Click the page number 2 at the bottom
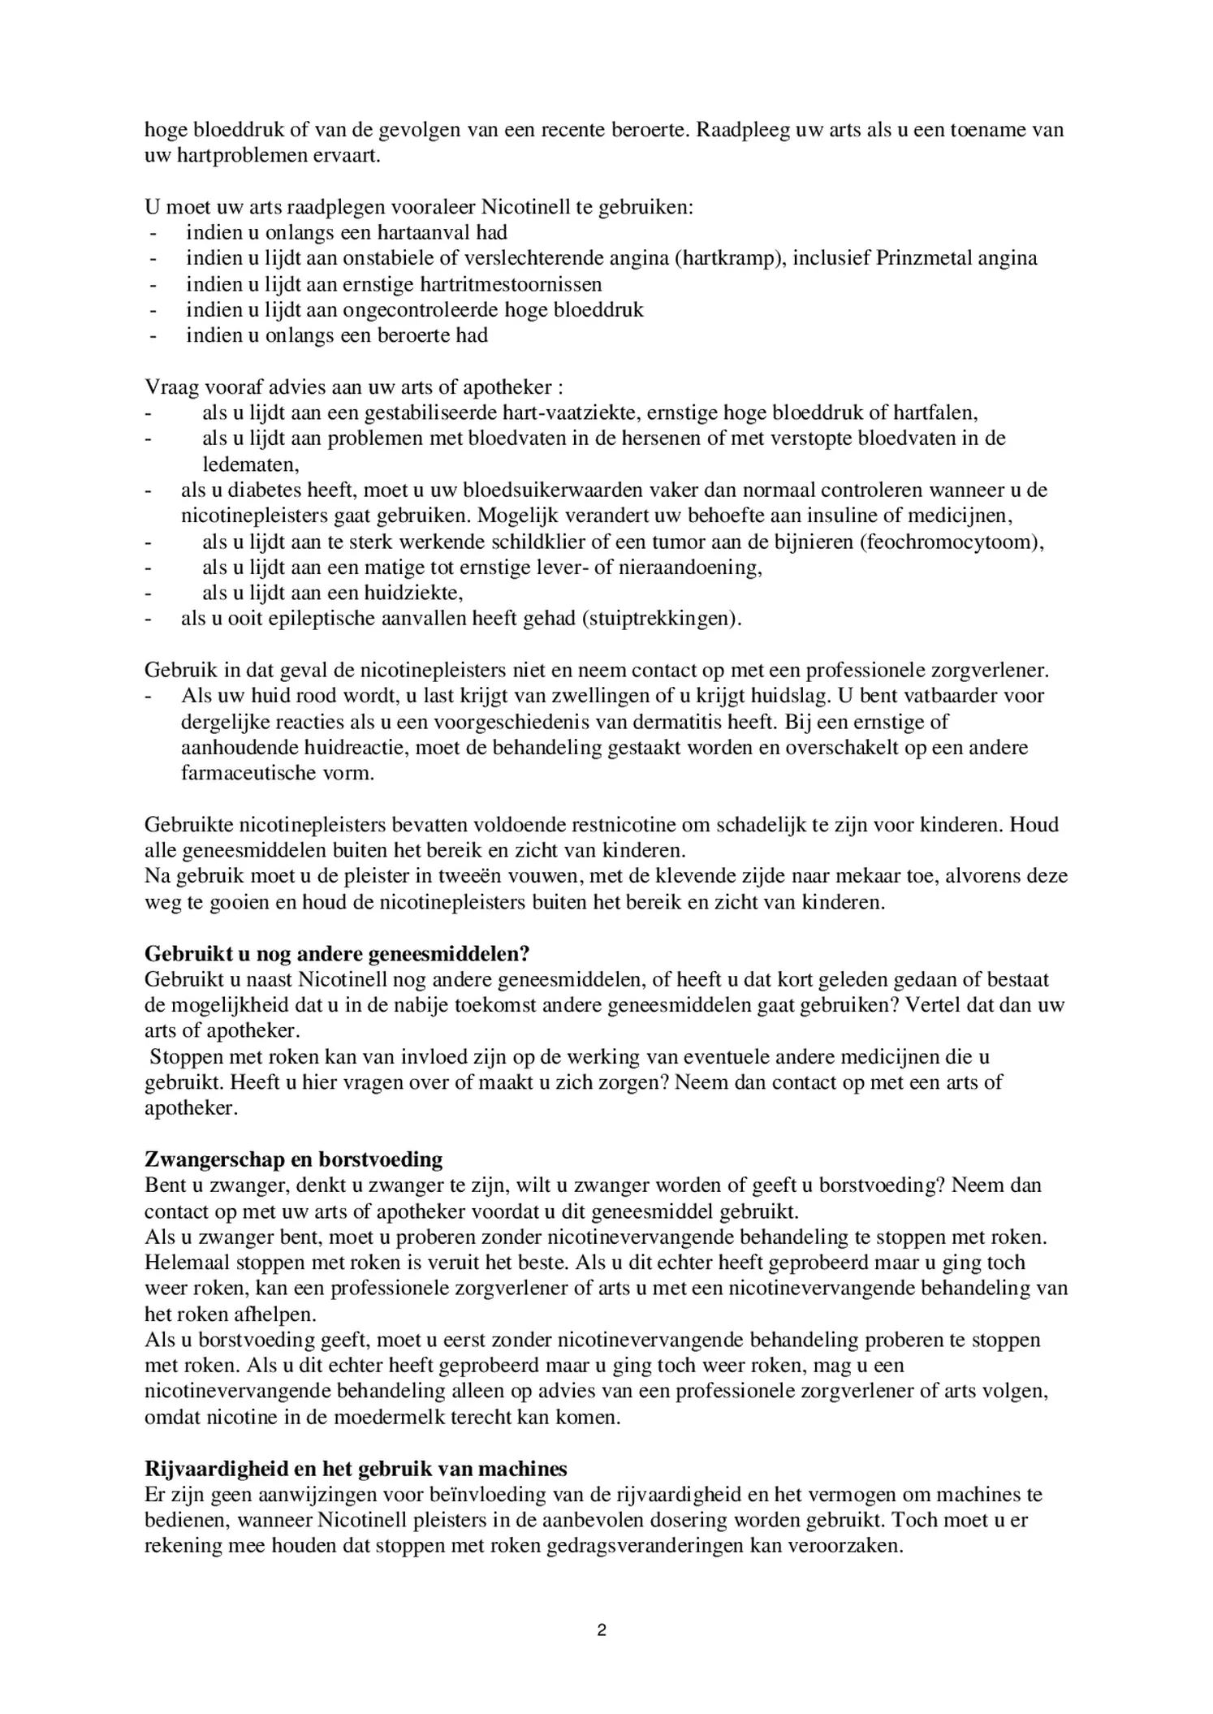(601, 1630)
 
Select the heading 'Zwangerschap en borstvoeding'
(293, 1159)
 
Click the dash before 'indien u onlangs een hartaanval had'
(151, 233)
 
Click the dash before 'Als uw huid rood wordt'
(149, 697)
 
